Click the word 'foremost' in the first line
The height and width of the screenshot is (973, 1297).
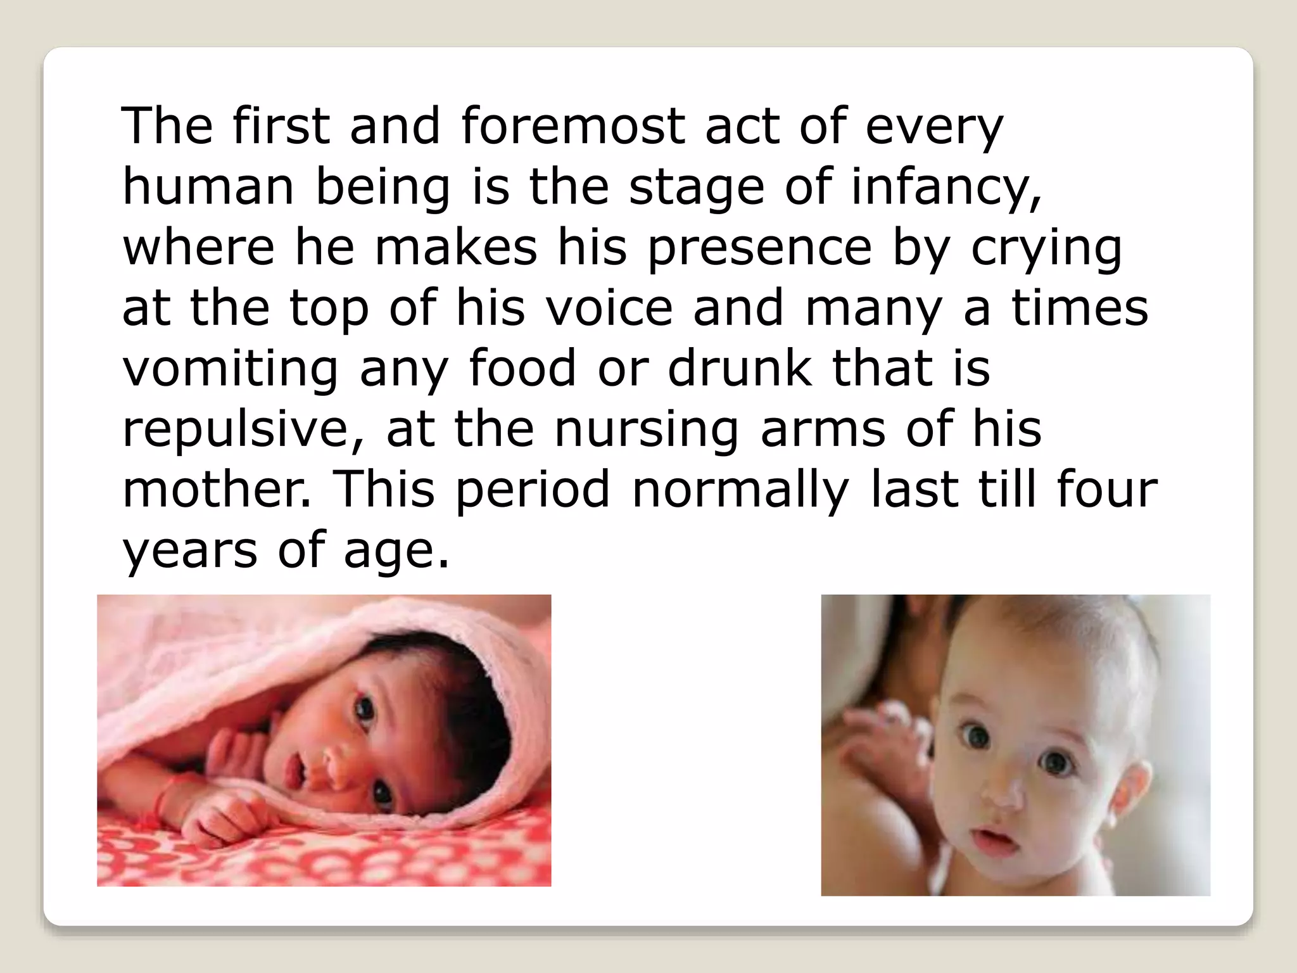tap(573, 126)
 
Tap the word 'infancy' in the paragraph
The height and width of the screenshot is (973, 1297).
tap(945, 188)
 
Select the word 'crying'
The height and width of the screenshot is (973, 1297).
tap(1046, 248)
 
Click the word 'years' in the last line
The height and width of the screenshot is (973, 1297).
tap(190, 550)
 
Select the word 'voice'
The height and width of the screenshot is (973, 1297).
tap(609, 308)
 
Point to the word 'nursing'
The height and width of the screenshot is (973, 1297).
tap(647, 430)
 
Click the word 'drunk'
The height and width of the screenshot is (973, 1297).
tap(739, 369)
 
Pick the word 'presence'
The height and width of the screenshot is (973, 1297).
tap(759, 248)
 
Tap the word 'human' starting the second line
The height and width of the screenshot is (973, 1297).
tap(208, 188)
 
